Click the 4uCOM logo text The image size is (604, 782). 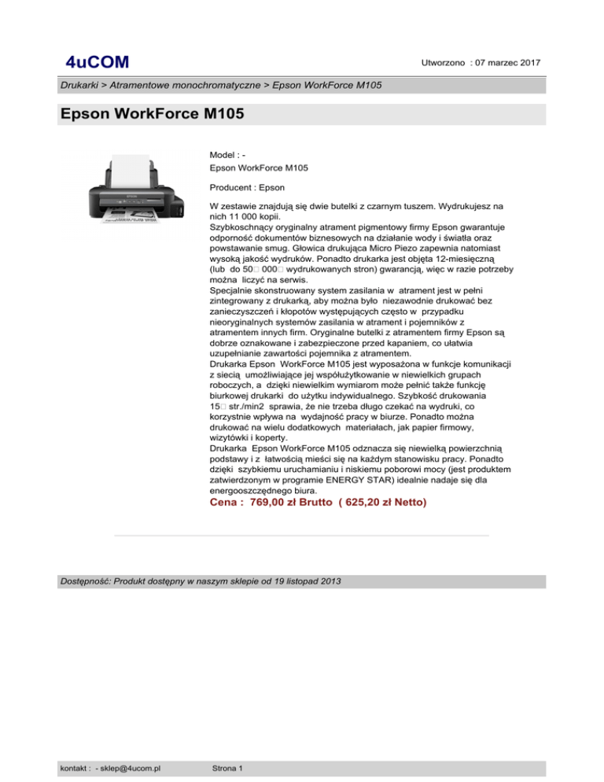98,62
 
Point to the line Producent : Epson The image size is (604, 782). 248,187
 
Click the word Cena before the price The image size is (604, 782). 225,502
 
